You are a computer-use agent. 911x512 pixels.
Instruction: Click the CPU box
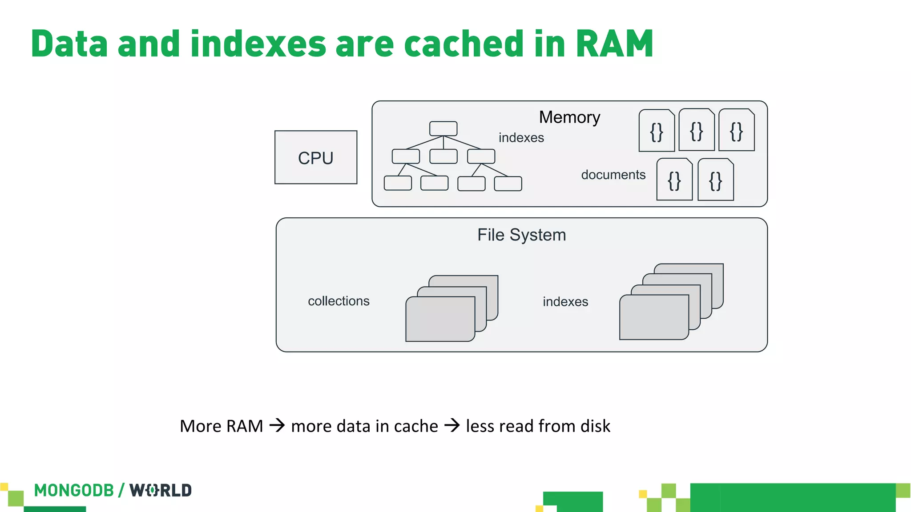(316, 157)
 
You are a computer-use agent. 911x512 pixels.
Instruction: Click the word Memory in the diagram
(569, 117)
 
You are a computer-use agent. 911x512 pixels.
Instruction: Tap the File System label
(521, 235)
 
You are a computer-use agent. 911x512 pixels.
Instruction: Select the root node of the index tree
(443, 128)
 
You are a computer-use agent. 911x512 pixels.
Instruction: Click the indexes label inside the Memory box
(521, 138)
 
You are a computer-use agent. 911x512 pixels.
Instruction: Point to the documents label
(613, 175)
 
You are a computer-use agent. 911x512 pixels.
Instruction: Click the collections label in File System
(339, 301)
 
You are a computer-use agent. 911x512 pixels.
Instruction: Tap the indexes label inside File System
(565, 302)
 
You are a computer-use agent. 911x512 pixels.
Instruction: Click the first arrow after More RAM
(277, 425)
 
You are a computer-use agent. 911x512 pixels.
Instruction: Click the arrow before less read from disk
(452, 425)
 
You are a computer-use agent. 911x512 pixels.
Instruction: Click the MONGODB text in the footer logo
(74, 490)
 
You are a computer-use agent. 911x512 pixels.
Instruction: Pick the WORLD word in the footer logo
(161, 490)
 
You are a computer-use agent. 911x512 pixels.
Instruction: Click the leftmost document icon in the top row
(657, 131)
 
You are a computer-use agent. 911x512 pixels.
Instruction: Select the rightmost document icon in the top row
(736, 131)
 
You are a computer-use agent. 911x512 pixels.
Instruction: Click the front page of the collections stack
(440, 319)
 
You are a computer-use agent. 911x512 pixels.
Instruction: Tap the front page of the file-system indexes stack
(653, 317)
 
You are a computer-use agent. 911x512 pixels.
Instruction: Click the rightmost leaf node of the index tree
(508, 184)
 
